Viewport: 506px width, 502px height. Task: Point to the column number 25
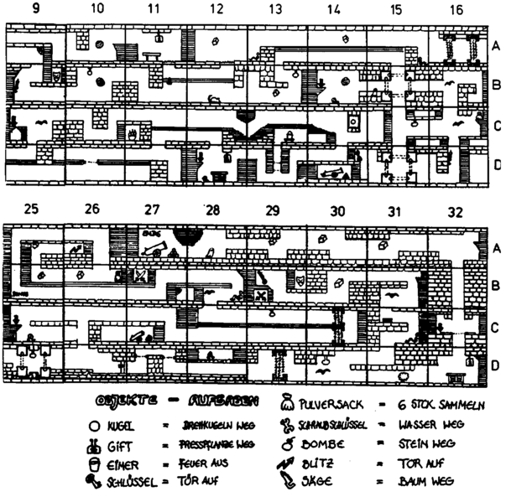tap(31, 210)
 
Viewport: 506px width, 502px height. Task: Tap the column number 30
tap(336, 210)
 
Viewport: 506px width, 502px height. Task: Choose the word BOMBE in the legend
tap(322, 444)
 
